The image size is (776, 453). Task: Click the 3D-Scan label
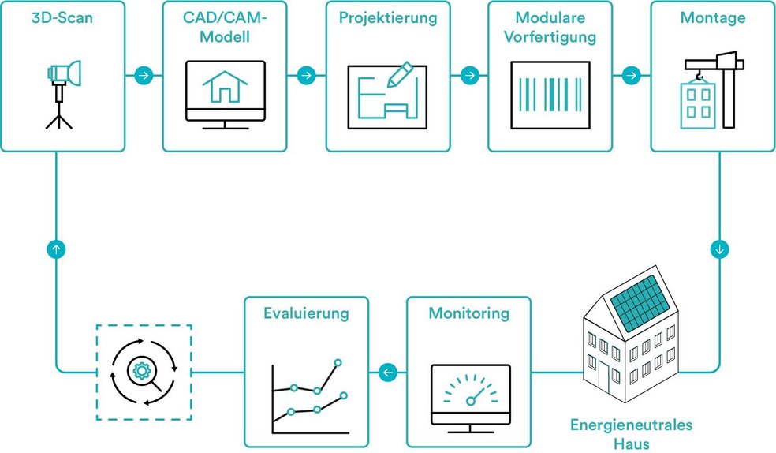[x=62, y=17]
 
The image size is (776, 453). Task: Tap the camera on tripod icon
[x=59, y=93]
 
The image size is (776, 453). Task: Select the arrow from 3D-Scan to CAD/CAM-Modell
[x=144, y=75]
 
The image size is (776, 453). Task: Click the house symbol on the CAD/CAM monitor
[x=225, y=86]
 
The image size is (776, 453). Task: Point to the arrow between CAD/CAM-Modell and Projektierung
[x=306, y=75]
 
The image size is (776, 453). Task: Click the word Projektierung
[x=388, y=17]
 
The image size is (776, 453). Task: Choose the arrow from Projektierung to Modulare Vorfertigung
[x=468, y=75]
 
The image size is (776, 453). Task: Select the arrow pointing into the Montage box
[x=631, y=75]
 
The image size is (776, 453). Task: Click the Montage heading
[x=712, y=17]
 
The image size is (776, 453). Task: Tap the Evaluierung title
[x=306, y=314]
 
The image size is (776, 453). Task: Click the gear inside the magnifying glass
[x=143, y=369]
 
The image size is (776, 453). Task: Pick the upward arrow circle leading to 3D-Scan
[x=57, y=249]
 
